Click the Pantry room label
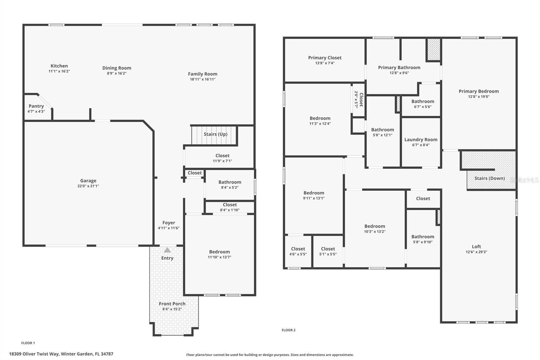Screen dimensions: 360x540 [x=36, y=106]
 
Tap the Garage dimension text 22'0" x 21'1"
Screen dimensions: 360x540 [x=88, y=186]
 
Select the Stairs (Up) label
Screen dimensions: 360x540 [x=215, y=134]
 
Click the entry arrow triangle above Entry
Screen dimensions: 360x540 [x=167, y=250]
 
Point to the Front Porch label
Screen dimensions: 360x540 [x=172, y=304]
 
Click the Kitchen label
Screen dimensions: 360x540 [x=59, y=66]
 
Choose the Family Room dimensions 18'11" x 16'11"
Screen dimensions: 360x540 [x=202, y=79]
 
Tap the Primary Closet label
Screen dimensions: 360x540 [x=325, y=58]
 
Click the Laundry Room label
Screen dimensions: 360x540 [x=421, y=139]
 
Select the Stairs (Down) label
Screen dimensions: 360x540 [x=489, y=178]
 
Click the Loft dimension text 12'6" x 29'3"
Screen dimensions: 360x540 [x=476, y=252]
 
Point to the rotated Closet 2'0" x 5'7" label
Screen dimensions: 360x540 [x=359, y=100]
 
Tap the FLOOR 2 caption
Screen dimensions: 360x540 [x=289, y=330]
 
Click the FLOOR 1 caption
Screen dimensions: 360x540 [x=28, y=343]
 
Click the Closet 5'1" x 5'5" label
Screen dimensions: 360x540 [x=328, y=249]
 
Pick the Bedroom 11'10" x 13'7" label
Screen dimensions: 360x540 [x=219, y=252]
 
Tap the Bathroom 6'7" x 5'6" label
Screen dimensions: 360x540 [x=423, y=101]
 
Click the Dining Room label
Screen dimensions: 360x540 [x=117, y=68]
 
